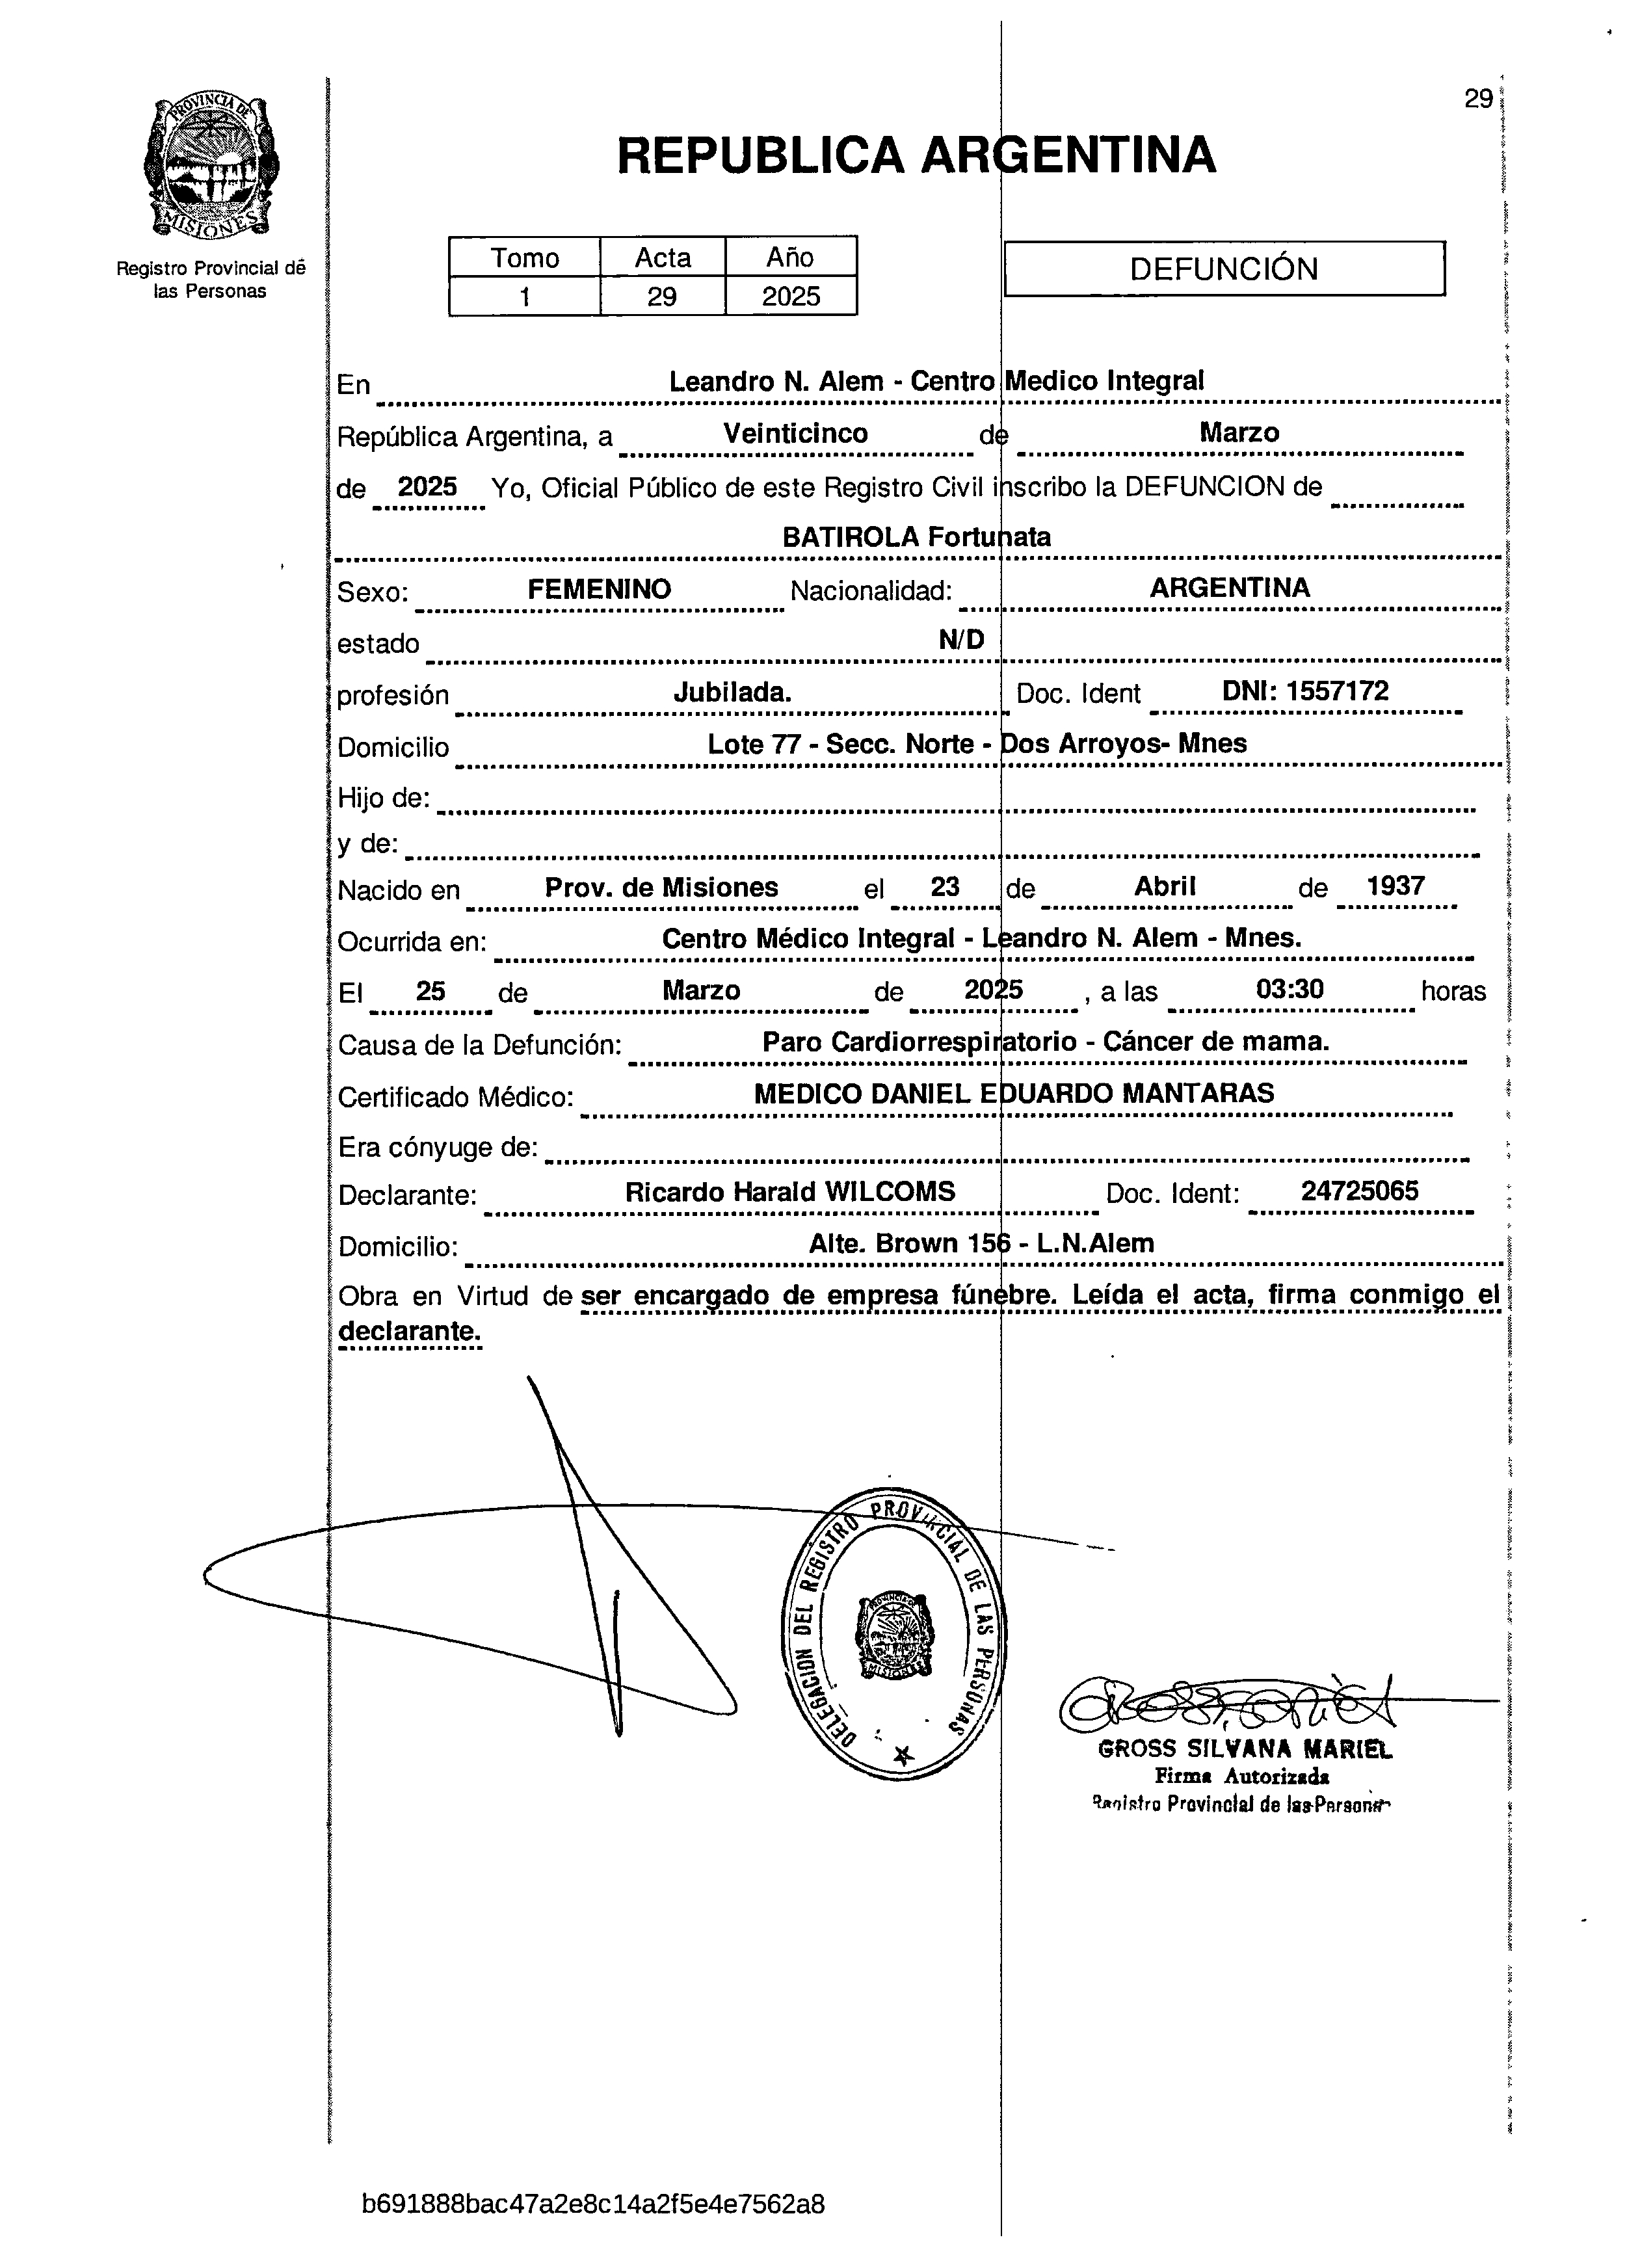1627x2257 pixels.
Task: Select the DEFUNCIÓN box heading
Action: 1223,269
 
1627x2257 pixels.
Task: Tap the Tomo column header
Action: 524,257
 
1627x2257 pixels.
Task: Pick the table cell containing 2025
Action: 791,297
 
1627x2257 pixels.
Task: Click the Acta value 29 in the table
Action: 662,297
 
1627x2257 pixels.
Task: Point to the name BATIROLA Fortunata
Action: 916,537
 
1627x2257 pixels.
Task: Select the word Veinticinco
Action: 795,434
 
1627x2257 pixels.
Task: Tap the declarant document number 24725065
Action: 1359,1191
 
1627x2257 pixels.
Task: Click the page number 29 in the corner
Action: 1477,99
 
